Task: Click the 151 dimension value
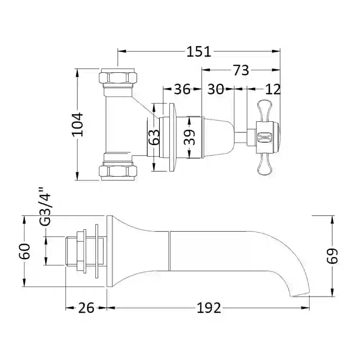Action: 199,51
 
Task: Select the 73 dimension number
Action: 241,70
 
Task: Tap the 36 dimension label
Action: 182,89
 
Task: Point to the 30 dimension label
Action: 215,89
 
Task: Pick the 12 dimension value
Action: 273,89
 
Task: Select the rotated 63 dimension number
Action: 154,137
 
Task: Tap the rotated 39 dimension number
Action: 189,137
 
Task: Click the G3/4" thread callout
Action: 45,207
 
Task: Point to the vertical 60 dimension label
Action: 24,251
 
